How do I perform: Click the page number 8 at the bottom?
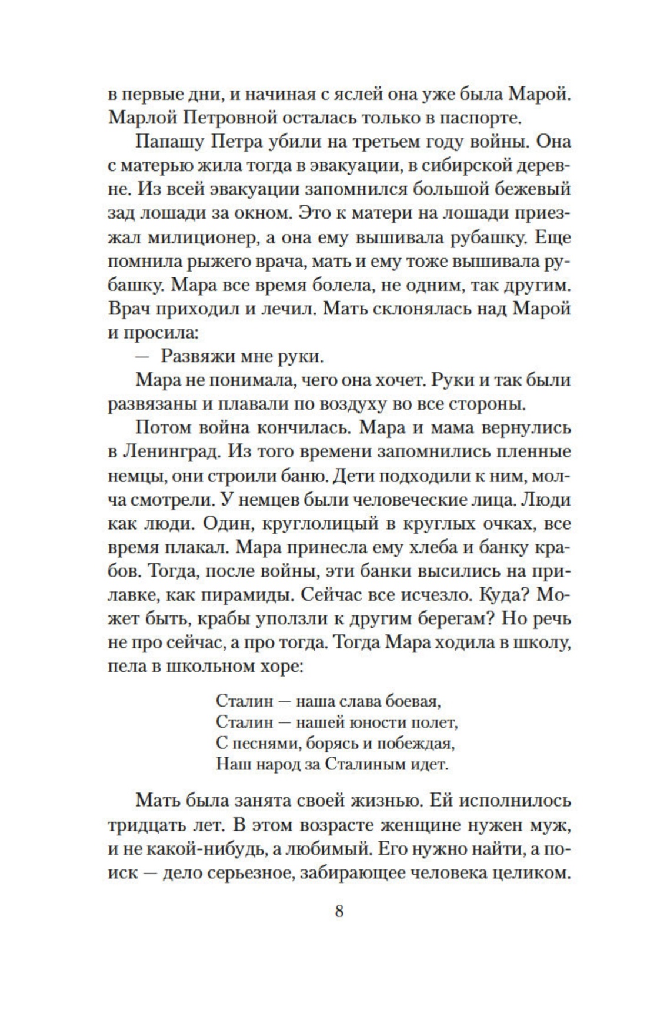tap(339, 911)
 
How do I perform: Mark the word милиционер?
tap(204, 239)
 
